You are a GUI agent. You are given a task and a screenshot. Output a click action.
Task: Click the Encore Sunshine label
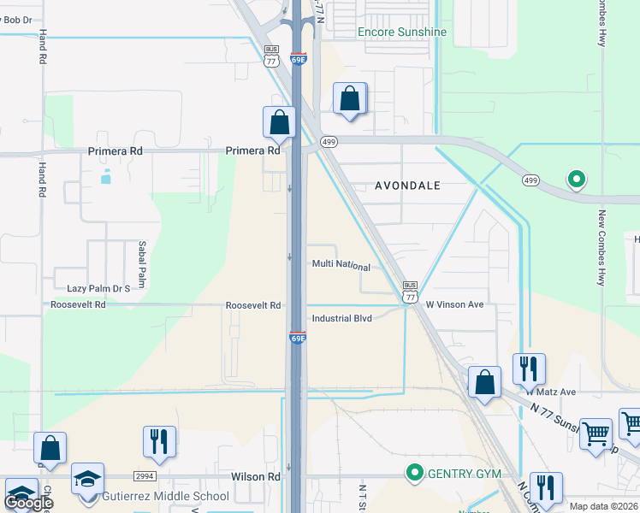point(401,32)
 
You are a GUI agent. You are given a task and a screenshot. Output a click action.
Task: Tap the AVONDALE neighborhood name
point(408,186)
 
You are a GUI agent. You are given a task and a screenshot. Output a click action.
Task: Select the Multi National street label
point(341,266)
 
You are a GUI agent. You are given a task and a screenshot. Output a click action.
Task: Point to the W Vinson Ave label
point(454,304)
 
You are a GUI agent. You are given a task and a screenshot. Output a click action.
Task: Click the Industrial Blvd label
point(341,318)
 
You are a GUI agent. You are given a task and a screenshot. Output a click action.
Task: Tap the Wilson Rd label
point(255,476)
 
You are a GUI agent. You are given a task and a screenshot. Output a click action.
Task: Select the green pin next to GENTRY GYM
point(415,472)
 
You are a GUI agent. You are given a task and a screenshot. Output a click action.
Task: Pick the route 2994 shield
point(145,476)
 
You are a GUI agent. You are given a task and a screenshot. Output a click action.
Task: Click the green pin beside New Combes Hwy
point(577,180)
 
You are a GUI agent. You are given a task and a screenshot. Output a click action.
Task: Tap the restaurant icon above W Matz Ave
point(529,369)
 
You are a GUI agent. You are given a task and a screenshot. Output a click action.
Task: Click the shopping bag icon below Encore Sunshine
point(349,98)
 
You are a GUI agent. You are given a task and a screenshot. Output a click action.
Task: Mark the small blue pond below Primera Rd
point(106,178)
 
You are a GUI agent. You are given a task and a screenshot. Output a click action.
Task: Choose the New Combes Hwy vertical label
point(602,248)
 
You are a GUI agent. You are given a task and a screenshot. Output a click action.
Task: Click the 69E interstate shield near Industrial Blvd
point(297,337)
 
